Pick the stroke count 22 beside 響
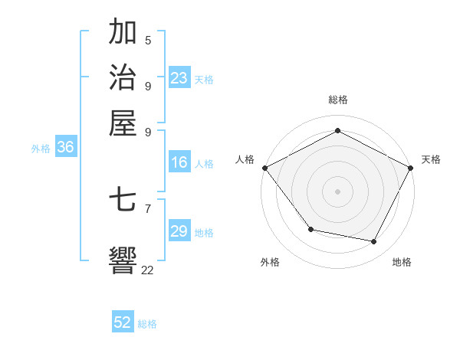pyautogui.click(x=147, y=270)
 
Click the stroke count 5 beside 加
pyautogui.click(x=148, y=41)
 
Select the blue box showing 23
pyautogui.click(x=179, y=78)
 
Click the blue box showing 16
pyautogui.click(x=179, y=162)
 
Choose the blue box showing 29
pyautogui.click(x=179, y=231)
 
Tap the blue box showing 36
pyautogui.click(x=65, y=148)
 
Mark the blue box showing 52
pyautogui.click(x=123, y=322)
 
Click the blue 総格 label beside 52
pyautogui.click(x=147, y=324)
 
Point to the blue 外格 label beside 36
pyautogui.click(x=41, y=149)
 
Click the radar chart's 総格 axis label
pyautogui.click(x=337, y=100)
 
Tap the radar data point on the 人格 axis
pyautogui.click(x=264, y=167)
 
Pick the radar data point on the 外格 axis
pyautogui.click(x=310, y=229)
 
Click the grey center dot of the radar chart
pyautogui.click(x=337, y=191)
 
